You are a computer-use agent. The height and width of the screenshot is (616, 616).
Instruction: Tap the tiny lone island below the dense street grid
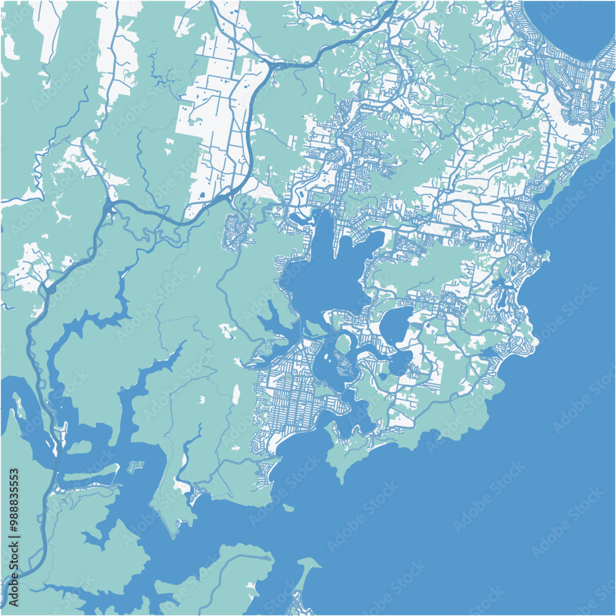point(289,508)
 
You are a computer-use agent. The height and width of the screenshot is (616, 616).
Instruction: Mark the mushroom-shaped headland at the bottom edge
point(305,570)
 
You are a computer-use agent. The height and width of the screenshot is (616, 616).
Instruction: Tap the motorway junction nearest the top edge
point(271,64)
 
